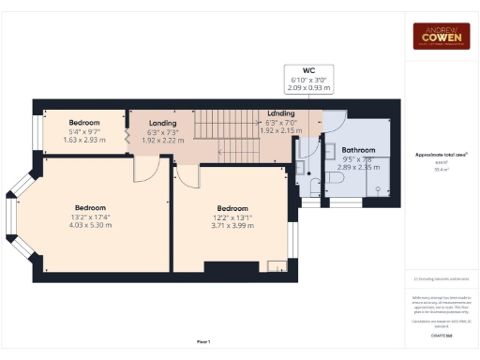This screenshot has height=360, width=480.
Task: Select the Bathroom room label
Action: pos(358,150)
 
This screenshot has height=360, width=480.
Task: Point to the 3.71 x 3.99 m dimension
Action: pos(232,225)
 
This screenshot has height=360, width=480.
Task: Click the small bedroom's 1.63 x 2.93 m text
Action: pos(85,139)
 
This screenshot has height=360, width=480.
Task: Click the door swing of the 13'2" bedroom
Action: pos(146,168)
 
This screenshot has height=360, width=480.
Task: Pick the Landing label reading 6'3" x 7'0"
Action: pos(281,121)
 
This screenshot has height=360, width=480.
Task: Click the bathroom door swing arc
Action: pos(333,122)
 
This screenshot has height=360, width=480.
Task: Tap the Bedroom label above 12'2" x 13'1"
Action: pos(232,208)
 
